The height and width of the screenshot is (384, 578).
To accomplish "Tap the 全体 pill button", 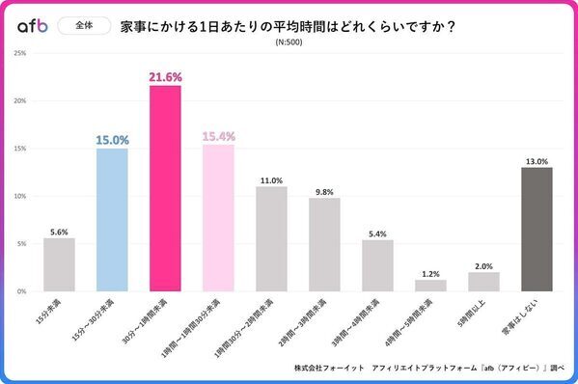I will tap(84, 27).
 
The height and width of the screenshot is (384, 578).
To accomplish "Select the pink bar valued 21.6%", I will tap(165, 188).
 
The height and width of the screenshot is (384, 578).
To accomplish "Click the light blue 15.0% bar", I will tap(112, 220).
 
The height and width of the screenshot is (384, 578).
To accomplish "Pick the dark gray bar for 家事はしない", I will tap(537, 230).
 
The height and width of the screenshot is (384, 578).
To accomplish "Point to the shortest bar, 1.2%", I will tap(430, 286).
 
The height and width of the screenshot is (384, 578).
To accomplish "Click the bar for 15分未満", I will tap(59, 264).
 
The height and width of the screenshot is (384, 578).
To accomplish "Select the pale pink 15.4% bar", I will tap(218, 218).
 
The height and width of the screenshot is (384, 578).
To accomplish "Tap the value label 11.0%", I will tap(271, 179).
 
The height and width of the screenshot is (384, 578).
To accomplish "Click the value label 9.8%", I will tap(324, 191).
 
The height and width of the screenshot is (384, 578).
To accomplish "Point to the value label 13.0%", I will tap(537, 161).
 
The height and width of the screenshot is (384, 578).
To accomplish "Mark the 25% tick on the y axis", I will tap(20, 53).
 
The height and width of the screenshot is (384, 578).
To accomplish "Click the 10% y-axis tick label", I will tap(20, 196).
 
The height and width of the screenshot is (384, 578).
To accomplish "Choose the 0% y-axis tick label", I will tap(22, 291).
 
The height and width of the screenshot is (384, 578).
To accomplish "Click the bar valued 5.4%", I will tap(377, 265).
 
